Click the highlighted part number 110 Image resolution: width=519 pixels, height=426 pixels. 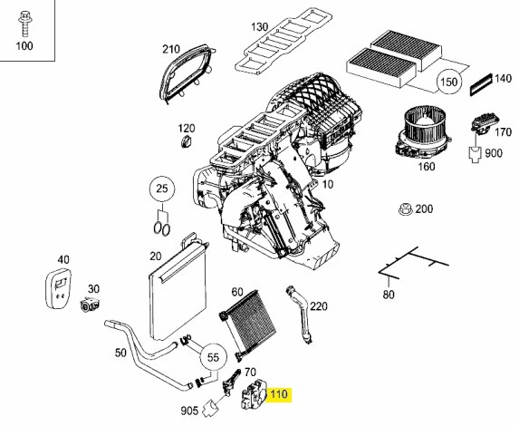pyautogui.click(x=278, y=394)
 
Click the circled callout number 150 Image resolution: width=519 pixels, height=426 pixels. pyautogui.click(x=447, y=83)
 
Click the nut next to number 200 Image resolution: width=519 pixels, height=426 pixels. pyautogui.click(x=405, y=209)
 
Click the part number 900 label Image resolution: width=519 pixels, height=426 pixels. pyautogui.click(x=493, y=152)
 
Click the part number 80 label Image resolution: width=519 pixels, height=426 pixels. pyautogui.click(x=389, y=294)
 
